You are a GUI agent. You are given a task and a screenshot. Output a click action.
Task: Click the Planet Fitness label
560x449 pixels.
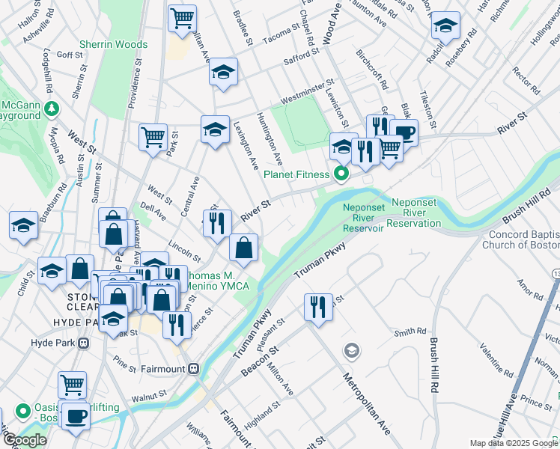296,175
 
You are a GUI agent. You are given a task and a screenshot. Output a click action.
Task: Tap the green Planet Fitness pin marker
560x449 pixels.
341,175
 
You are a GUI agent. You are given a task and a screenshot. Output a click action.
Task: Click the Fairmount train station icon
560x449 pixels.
194,368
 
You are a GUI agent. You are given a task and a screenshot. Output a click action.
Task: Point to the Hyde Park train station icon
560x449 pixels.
82,343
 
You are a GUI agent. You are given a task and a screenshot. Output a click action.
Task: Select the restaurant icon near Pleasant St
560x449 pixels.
318,306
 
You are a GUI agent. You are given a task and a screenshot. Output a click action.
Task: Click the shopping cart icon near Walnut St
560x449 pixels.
72,385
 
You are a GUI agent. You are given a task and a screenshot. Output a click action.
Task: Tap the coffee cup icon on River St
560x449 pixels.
404,132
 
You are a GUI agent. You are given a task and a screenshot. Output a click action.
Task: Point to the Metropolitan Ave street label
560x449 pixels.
367,403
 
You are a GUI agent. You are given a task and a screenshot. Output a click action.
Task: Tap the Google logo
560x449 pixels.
25,440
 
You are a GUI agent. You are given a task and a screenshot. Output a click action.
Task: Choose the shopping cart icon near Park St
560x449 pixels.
153,137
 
